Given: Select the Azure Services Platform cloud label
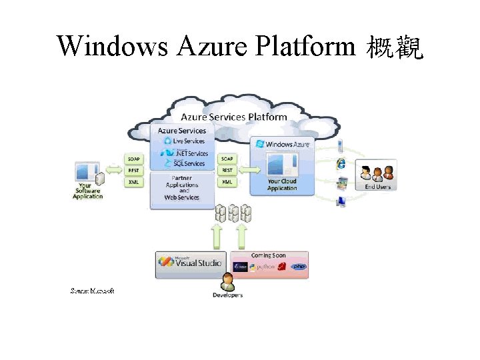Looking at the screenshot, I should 233,117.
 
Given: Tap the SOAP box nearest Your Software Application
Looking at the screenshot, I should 134,159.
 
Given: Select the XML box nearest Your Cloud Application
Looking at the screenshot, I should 227,182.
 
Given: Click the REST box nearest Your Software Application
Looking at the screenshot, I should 134,171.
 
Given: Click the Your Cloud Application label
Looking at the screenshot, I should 282,185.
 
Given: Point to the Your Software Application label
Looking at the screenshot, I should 88,191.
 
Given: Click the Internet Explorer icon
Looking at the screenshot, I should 341,163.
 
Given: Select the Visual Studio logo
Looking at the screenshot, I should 191,263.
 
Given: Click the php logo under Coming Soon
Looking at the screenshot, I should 299,267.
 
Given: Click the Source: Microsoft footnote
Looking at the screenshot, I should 93,291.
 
